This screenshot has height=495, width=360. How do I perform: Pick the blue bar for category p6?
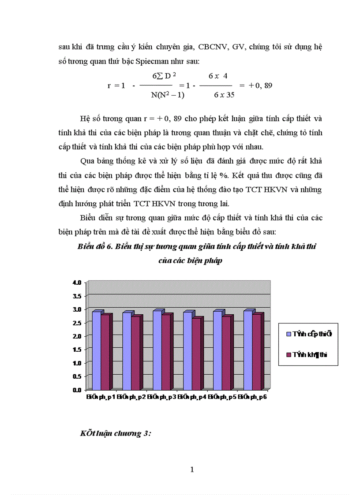pyautogui.click(x=247, y=351)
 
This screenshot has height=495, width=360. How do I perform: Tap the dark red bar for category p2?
pyautogui.click(x=136, y=353)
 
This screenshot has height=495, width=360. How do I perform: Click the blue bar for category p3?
pyautogui.click(x=157, y=351)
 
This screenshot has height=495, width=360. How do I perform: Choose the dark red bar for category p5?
pyautogui.click(x=227, y=353)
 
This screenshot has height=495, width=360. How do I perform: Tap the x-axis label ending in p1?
pyautogui.click(x=101, y=397)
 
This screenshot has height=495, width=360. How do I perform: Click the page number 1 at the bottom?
pyautogui.click(x=192, y=469)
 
